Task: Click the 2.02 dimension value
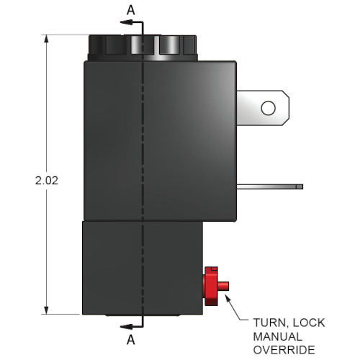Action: point(47,181)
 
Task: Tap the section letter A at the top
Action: point(131,10)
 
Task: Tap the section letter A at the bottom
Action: point(131,340)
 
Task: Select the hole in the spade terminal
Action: point(268,108)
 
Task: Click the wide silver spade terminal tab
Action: point(263,108)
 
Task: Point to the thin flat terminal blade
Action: point(270,186)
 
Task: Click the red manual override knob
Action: point(211,286)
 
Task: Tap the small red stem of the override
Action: point(223,286)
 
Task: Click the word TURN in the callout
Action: point(269,323)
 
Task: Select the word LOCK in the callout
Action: point(309,323)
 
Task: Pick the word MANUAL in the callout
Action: point(277,336)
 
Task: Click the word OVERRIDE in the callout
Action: point(284,350)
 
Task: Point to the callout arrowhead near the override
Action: point(228,298)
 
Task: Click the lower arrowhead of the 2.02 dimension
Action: point(46,310)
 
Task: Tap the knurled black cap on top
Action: point(143,48)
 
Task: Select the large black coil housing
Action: point(160,141)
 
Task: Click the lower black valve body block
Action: point(143,268)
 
